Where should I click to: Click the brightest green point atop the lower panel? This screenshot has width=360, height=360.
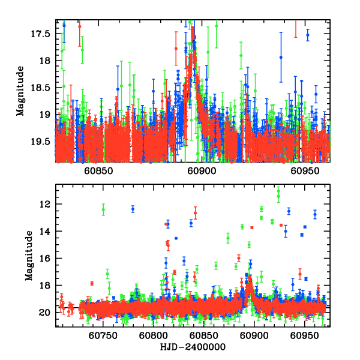click(278, 192)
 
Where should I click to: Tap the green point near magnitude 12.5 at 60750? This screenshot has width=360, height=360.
click(103, 210)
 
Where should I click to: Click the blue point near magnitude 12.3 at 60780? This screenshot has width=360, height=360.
click(133, 209)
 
